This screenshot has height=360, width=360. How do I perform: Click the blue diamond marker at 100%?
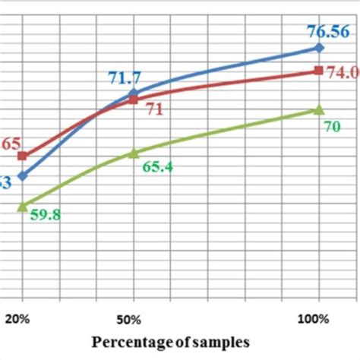click(319, 48)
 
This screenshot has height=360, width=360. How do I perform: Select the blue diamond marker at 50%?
click(134, 94)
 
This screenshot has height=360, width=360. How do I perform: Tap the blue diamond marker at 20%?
click(23, 175)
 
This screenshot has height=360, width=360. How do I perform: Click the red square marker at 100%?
click(319, 71)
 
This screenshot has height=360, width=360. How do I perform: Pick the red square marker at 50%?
click(134, 99)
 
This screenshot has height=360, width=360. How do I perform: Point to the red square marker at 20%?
click(23, 156)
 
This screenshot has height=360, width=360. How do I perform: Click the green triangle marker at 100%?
click(319, 110)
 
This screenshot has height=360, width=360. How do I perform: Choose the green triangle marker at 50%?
click(134, 153)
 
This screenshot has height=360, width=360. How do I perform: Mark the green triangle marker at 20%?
click(23, 205)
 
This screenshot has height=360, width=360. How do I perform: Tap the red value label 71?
click(155, 109)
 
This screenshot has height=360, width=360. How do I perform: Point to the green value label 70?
click(332, 128)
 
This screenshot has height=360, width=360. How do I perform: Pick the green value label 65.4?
click(157, 166)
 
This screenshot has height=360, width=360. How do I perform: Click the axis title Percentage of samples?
click(170, 343)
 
